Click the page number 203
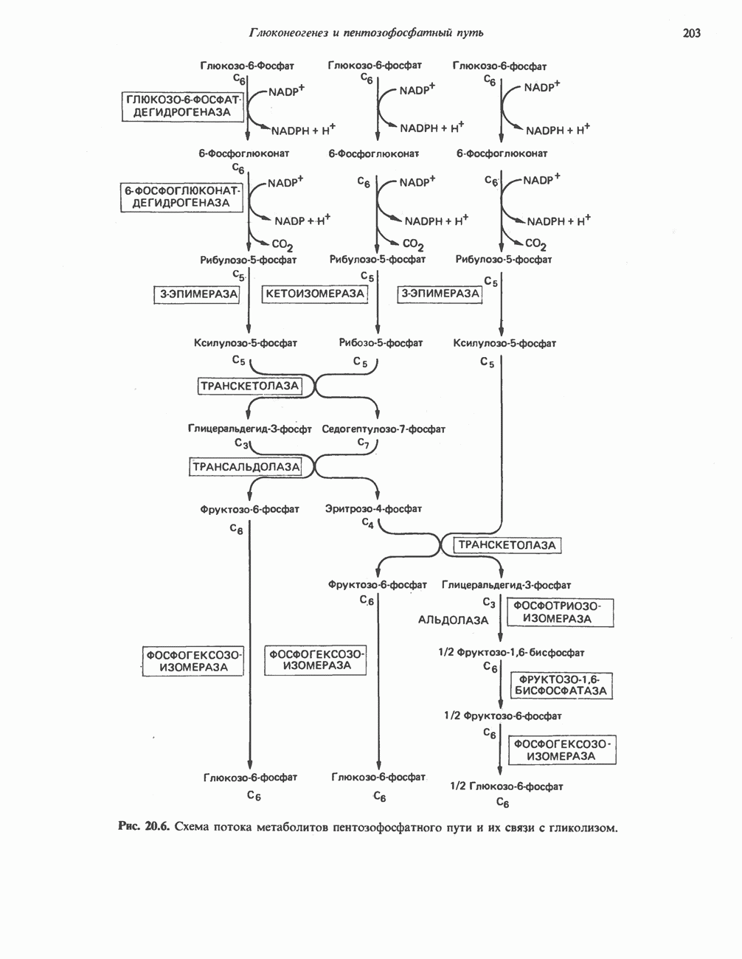(x=691, y=32)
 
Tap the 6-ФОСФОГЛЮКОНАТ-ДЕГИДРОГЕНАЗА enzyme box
(x=181, y=197)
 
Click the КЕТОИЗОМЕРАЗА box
(x=315, y=294)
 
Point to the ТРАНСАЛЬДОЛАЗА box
(x=246, y=466)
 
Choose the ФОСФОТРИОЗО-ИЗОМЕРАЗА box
(x=561, y=612)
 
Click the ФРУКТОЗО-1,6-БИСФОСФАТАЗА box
(x=563, y=685)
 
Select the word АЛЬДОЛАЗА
(x=453, y=620)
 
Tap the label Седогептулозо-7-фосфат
(x=384, y=429)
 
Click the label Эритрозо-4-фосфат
(x=373, y=508)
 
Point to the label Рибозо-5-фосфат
(x=381, y=343)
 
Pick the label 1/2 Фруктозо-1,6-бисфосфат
(x=511, y=653)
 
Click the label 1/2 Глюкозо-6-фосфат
(x=506, y=786)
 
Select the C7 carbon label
(x=363, y=443)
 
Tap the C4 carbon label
(x=367, y=522)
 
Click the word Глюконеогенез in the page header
(x=283, y=32)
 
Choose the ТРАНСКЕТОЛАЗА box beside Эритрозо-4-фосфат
(x=507, y=545)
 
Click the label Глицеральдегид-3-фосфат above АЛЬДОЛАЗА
(x=506, y=585)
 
